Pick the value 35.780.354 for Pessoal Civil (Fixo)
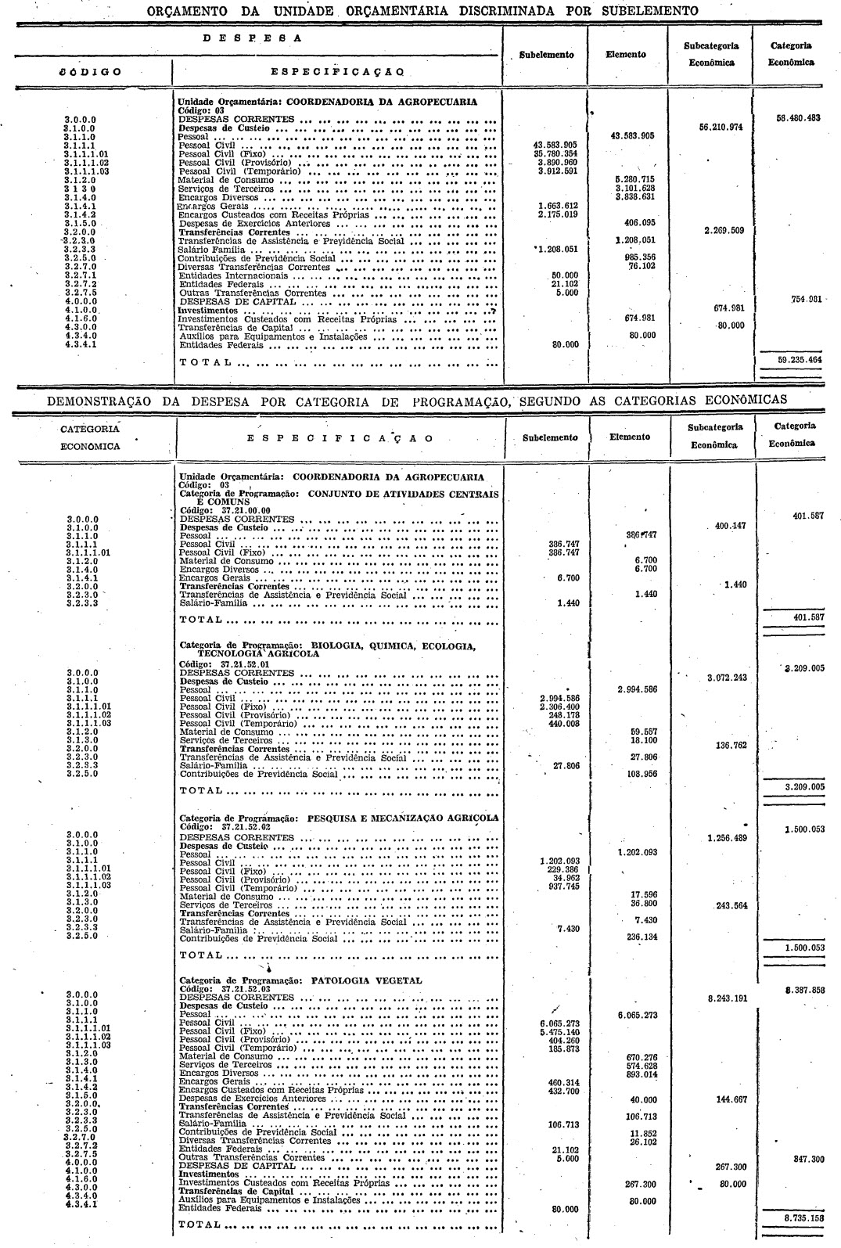[x=555, y=154]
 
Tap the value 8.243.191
[x=723, y=998]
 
